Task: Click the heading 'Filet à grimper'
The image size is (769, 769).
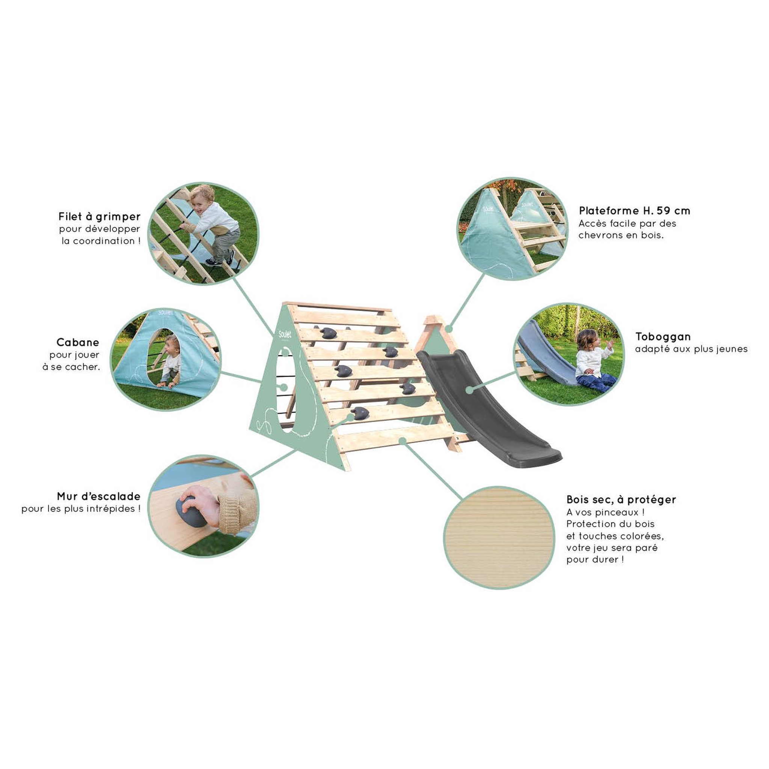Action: pos(100,217)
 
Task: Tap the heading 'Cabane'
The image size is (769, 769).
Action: pos(78,342)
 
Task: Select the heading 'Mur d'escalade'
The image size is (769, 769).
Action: pos(99,496)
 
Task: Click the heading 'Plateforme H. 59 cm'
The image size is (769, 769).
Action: pos(635,211)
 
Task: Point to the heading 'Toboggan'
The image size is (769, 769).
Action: pos(663,337)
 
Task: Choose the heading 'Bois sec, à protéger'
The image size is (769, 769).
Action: pos(621,499)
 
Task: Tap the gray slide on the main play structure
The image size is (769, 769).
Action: pos(488,406)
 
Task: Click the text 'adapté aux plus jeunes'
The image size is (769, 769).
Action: pos(691,349)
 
